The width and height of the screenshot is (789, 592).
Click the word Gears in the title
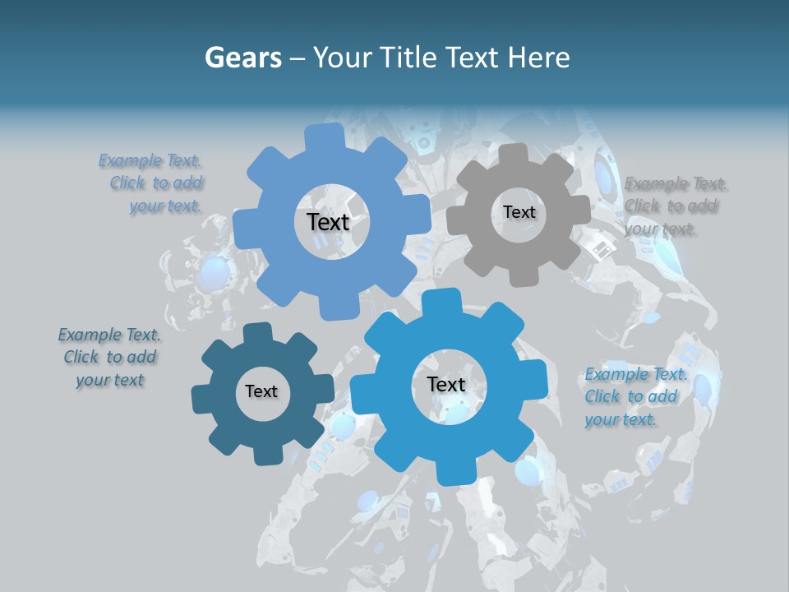pos(242,58)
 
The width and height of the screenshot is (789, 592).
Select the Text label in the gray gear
pos(519,212)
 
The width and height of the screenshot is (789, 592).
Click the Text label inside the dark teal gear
pos(261,391)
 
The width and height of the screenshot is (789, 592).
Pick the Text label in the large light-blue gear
pos(328,222)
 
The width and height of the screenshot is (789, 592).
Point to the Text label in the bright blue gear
pos(446,384)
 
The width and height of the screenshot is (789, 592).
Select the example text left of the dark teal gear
pos(109,358)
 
